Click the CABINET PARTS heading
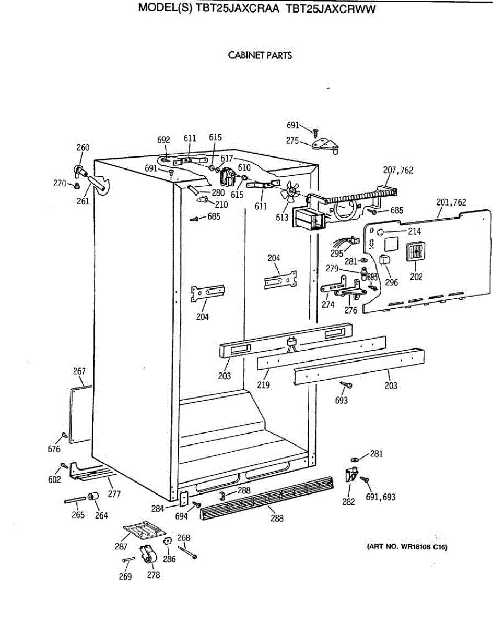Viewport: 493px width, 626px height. (x=260, y=55)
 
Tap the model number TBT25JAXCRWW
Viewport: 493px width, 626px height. (x=331, y=9)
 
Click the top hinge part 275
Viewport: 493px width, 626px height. (x=325, y=146)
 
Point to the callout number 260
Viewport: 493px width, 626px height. (x=83, y=148)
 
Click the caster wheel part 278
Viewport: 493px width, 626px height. (x=148, y=554)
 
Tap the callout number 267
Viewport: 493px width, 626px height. (x=79, y=371)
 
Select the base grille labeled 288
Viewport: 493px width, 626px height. (x=266, y=498)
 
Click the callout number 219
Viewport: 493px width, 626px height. (x=264, y=385)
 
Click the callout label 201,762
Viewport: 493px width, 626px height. (x=451, y=202)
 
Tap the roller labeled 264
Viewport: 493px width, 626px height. (x=93, y=496)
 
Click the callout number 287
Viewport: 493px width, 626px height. (x=121, y=547)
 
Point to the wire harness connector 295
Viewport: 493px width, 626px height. (x=347, y=242)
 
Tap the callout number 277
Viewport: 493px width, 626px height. (x=114, y=494)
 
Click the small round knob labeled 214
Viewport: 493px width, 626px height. (x=380, y=232)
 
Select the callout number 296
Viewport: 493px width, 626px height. (x=391, y=282)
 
